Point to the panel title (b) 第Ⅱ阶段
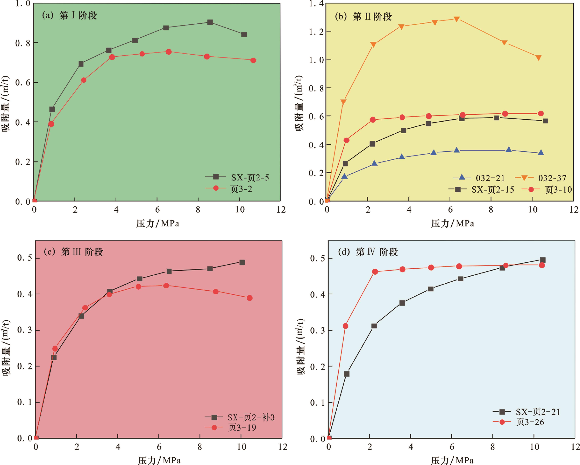click(363, 17)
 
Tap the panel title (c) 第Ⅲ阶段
click(73, 252)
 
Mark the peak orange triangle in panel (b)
click(457, 19)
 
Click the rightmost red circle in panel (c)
click(249, 298)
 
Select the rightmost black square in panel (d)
click(543, 260)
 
